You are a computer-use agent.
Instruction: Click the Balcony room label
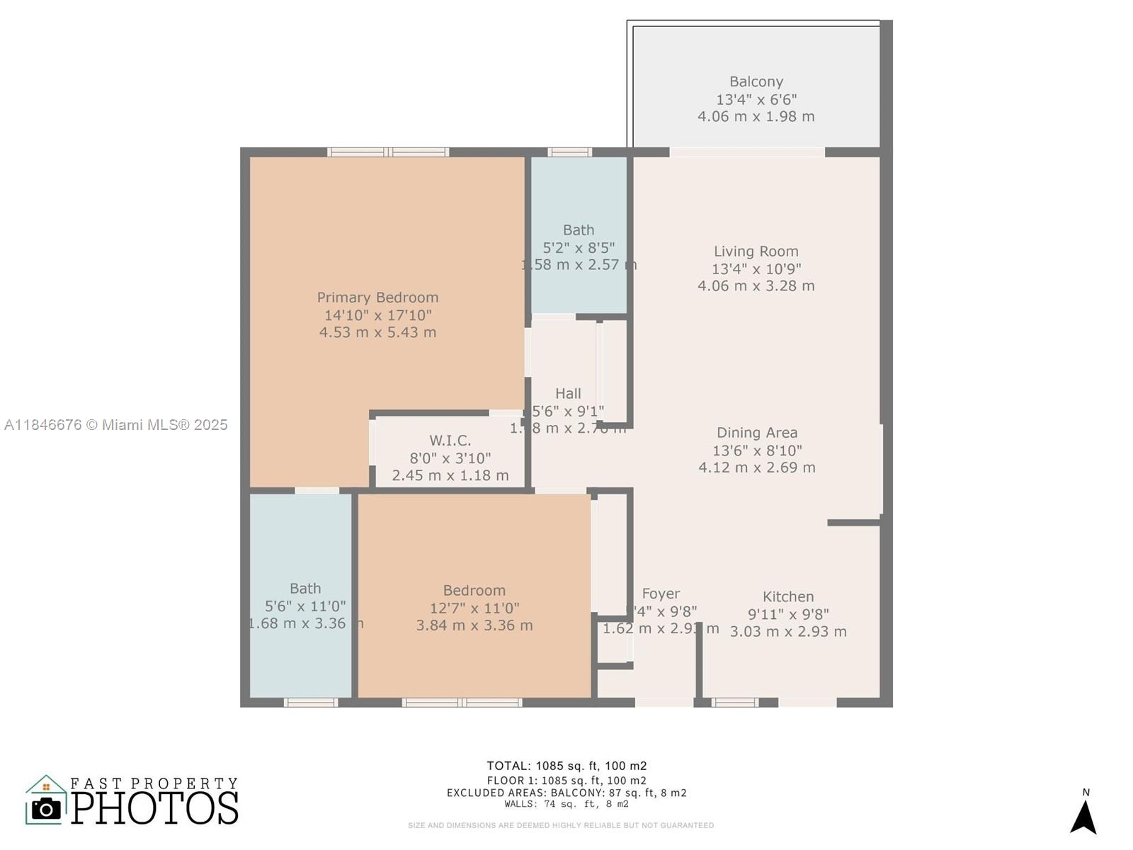[756, 81]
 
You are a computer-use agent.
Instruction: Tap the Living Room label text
[756, 251]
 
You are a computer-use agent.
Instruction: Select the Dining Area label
[756, 433]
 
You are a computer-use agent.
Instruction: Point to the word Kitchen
[787, 596]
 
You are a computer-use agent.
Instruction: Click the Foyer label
[661, 594]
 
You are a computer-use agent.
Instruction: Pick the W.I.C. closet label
[450, 441]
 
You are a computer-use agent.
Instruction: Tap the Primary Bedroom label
[377, 297]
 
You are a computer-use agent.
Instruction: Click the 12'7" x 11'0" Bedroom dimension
[474, 608]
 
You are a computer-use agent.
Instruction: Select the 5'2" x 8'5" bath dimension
[579, 247]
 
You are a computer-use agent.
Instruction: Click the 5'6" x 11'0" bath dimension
[305, 606]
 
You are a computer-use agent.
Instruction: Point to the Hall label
[568, 393]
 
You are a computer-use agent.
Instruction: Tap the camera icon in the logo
[47, 808]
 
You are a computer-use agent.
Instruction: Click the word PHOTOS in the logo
[154, 808]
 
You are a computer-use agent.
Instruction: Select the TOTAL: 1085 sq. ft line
[566, 766]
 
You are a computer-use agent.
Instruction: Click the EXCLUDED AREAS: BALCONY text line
[566, 793]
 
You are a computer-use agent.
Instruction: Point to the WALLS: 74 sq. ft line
[566, 804]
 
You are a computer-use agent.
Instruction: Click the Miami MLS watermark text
[115, 424]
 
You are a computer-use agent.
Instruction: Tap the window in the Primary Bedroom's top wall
[388, 152]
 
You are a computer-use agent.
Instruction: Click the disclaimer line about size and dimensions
[560, 825]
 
